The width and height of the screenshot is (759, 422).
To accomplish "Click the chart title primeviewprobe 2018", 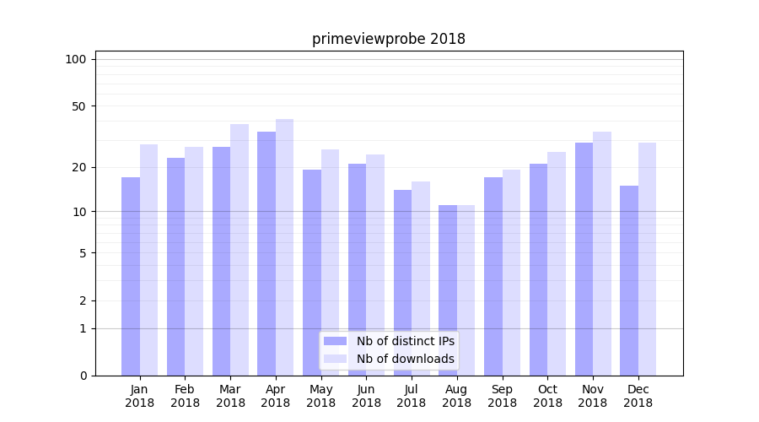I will (388, 39).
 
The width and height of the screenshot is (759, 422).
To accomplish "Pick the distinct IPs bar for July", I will (402, 283).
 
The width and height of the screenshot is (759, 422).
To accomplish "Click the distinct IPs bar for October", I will (538, 269).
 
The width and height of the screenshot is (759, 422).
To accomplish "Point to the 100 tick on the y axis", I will (76, 59).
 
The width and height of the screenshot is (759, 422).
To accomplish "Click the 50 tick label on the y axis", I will (79, 106).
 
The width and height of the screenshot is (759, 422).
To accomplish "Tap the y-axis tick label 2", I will (83, 300).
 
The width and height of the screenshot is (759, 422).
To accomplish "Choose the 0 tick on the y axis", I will (83, 376).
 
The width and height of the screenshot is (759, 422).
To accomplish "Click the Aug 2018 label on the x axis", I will (457, 396).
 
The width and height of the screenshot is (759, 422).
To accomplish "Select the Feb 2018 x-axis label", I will (185, 396).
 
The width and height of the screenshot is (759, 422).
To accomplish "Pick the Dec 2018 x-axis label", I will (638, 396).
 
